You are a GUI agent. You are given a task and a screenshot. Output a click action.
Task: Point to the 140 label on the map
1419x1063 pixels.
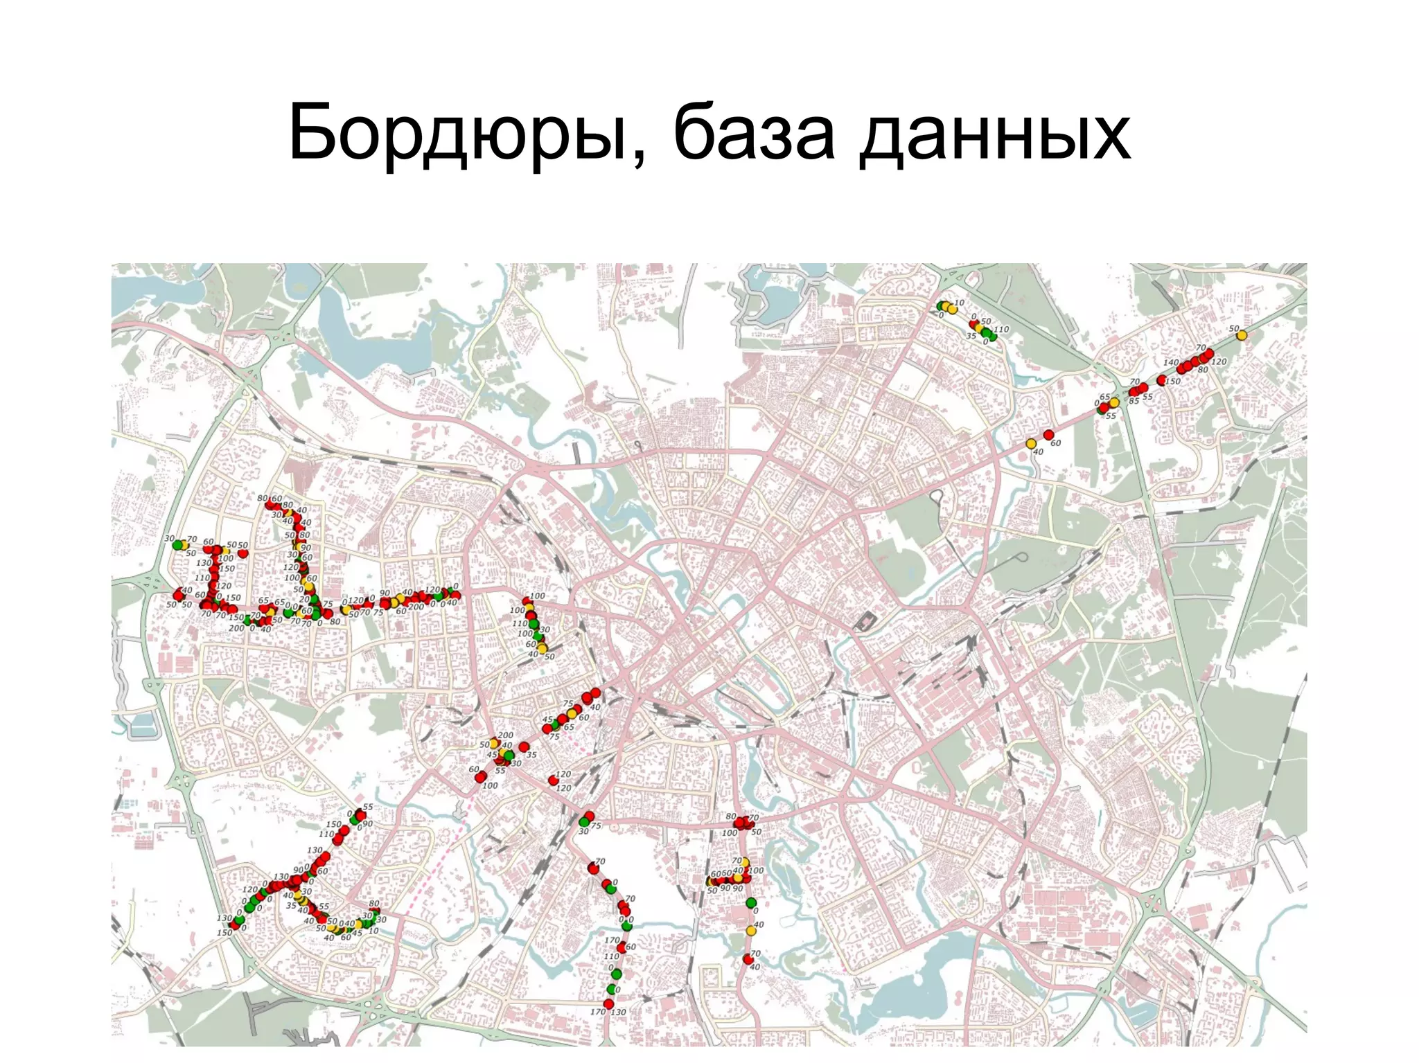click(1170, 362)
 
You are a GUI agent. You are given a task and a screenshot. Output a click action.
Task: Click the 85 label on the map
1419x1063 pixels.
click(1134, 401)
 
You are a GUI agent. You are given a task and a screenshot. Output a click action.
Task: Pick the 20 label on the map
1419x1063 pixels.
click(304, 600)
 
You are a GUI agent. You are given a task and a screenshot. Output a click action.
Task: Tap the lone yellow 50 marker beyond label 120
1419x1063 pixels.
click(1242, 335)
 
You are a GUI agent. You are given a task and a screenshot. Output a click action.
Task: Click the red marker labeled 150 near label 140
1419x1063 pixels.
click(1161, 380)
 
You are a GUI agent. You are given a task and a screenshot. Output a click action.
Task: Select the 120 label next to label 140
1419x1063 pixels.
click(1219, 361)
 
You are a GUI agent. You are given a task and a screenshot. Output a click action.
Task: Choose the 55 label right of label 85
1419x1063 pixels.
click(1147, 397)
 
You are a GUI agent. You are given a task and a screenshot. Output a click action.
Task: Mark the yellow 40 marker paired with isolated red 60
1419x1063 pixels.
click(1031, 443)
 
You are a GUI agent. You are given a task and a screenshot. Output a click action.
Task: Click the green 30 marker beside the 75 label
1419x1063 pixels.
click(583, 821)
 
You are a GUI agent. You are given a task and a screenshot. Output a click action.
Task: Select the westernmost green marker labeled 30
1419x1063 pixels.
click(177, 544)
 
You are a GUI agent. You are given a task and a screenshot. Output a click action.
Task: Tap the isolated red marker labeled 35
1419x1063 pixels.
click(525, 747)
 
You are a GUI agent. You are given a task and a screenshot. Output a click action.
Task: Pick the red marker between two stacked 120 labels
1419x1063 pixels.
click(553, 780)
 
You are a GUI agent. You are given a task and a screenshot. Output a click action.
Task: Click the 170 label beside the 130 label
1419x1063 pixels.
click(598, 1012)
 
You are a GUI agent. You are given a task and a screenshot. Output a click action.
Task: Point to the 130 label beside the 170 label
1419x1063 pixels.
click(618, 1012)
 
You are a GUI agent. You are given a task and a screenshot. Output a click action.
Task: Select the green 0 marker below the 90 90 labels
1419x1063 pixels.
click(751, 902)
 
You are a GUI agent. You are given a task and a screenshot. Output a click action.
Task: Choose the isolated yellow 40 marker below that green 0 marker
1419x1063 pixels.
click(751, 931)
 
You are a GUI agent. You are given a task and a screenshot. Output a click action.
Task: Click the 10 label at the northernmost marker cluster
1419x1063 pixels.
click(960, 303)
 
